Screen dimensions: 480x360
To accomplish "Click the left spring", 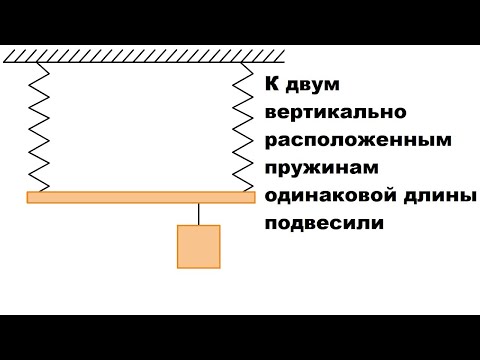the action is point(41,127).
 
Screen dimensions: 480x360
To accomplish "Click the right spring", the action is point(241,127).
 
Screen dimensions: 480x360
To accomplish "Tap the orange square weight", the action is point(199,246).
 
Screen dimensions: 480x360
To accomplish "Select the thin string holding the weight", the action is point(199,214).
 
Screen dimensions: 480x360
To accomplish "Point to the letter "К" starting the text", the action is point(272,86).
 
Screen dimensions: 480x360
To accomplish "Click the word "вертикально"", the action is point(329,113).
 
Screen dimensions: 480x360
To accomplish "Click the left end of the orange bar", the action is point(31,198).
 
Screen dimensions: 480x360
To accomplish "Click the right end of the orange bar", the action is point(251,198).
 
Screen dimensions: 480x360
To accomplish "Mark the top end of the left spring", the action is point(41,63).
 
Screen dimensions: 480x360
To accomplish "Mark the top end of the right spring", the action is point(241,63).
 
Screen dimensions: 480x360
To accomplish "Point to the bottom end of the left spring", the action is point(41,191).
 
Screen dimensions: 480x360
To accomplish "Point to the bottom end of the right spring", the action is point(241,191).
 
